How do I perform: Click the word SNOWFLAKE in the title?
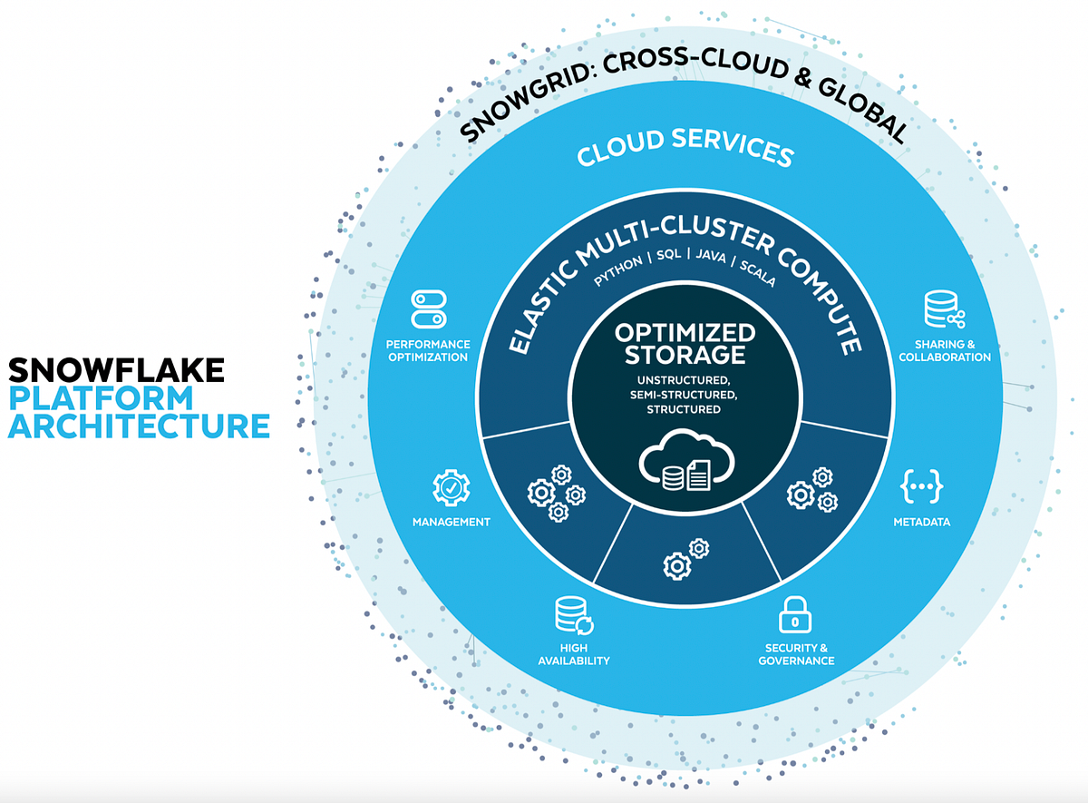click(x=116, y=370)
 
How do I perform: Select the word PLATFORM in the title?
click(x=101, y=397)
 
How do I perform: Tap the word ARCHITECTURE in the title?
click(x=139, y=426)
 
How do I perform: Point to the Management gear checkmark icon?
click(x=451, y=487)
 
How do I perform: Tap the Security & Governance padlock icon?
click(x=795, y=616)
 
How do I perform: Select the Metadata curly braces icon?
click(x=921, y=486)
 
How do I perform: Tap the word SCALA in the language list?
click(x=757, y=273)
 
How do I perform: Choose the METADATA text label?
click(x=921, y=522)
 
